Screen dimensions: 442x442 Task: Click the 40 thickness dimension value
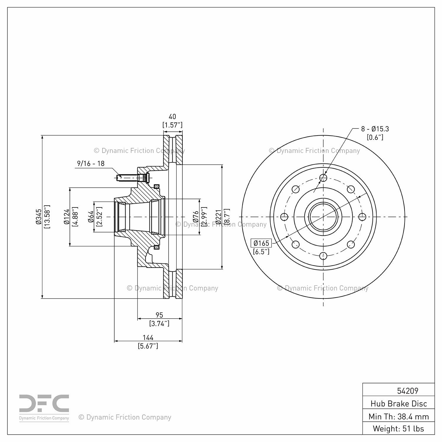[172, 117]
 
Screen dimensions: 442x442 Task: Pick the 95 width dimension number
[159, 315]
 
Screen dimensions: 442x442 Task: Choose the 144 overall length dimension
[148, 338]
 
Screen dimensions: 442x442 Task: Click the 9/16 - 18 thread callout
[91, 164]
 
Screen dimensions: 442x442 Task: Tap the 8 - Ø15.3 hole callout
[375, 129]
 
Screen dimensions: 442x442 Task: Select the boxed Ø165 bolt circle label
[261, 243]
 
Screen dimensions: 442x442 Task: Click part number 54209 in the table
[408, 391]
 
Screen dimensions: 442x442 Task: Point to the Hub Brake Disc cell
[398, 404]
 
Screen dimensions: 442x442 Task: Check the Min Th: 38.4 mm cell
[398, 417]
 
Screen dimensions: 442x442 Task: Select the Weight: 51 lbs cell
[398, 429]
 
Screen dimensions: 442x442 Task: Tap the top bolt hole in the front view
[323, 178]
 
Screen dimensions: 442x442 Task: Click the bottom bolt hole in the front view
[323, 255]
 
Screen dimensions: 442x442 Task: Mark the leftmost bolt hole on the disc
[284, 217]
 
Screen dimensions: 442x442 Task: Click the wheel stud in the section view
[130, 178]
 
